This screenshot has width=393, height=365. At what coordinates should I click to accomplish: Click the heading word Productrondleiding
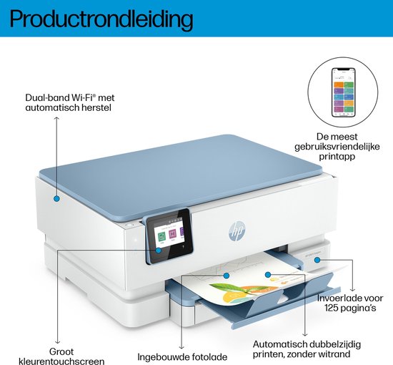tap(101, 19)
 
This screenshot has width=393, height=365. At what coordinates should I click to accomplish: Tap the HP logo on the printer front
tap(237, 231)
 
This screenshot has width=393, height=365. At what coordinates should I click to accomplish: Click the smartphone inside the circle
tap(344, 92)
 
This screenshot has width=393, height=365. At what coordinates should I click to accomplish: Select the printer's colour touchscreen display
tap(169, 236)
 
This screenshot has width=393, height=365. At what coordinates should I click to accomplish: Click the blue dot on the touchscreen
tap(158, 250)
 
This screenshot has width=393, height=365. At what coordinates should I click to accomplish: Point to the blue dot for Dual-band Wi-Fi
tap(56, 198)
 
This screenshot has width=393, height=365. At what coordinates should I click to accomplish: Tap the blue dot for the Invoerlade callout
tap(317, 260)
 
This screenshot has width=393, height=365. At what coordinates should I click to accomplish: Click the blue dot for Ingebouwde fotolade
tap(227, 276)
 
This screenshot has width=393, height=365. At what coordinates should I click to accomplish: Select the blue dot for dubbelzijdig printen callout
tap(268, 275)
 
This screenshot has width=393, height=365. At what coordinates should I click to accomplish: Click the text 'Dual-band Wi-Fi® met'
tap(70, 97)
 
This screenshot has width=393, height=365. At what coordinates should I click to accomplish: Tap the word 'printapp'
tap(337, 157)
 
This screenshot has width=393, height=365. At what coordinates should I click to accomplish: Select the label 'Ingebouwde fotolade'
tap(182, 356)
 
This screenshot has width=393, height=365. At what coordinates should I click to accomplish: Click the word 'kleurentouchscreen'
tap(61, 361)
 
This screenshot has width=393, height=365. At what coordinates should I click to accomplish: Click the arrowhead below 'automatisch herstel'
tap(57, 118)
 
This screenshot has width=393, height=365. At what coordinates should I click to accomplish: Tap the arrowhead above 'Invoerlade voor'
tap(353, 290)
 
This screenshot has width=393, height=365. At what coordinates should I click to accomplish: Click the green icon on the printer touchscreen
tap(161, 236)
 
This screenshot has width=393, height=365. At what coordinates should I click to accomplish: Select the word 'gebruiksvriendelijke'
tap(337, 147)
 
